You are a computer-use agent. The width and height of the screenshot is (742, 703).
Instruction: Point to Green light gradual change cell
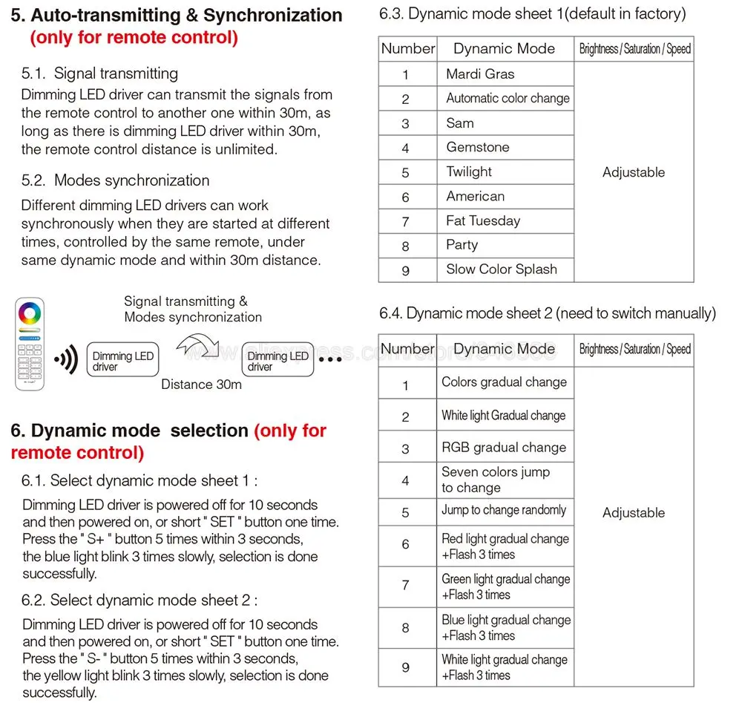[505, 586]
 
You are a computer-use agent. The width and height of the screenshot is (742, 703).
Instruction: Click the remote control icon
[30, 344]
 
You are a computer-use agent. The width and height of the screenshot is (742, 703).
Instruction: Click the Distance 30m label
[201, 385]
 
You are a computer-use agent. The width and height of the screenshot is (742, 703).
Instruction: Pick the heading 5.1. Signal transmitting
[100, 73]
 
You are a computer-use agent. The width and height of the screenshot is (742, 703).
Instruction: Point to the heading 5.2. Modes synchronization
[116, 180]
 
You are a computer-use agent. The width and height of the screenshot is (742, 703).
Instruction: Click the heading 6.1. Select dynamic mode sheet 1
[139, 480]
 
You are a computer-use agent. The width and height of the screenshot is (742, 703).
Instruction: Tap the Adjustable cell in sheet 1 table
[634, 172]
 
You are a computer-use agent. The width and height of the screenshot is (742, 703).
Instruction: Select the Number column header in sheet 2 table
[407, 349]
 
